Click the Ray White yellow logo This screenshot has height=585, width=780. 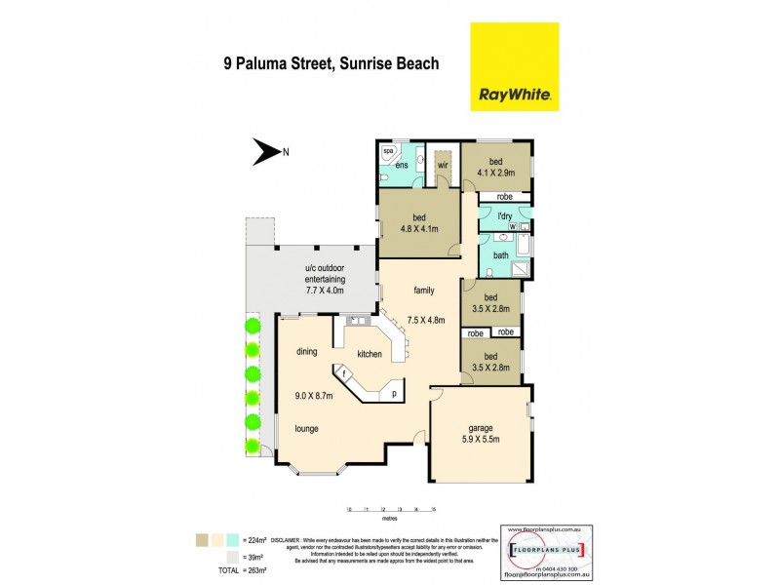pyautogui.click(x=515, y=65)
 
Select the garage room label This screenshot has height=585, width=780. pyautogui.click(x=479, y=428)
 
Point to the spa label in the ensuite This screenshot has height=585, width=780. pyautogui.click(x=387, y=152)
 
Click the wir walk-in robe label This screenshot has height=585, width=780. pyautogui.click(x=442, y=166)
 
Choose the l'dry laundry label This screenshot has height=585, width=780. pyautogui.click(x=504, y=214)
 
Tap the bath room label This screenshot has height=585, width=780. pyautogui.click(x=500, y=255)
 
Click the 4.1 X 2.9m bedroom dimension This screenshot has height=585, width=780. pyautogui.click(x=495, y=173)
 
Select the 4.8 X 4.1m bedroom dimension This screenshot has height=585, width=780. pyautogui.click(x=418, y=229)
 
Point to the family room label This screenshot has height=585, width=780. pyautogui.click(x=424, y=290)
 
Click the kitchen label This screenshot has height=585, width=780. pyautogui.click(x=369, y=354)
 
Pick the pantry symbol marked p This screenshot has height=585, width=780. pyautogui.click(x=394, y=396)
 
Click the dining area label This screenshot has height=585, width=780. pyautogui.click(x=307, y=351)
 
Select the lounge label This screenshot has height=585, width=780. pyautogui.click(x=307, y=428)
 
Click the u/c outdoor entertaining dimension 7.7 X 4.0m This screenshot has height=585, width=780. pyautogui.click(x=313, y=290)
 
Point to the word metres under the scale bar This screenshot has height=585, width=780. pyautogui.click(x=391, y=521)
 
